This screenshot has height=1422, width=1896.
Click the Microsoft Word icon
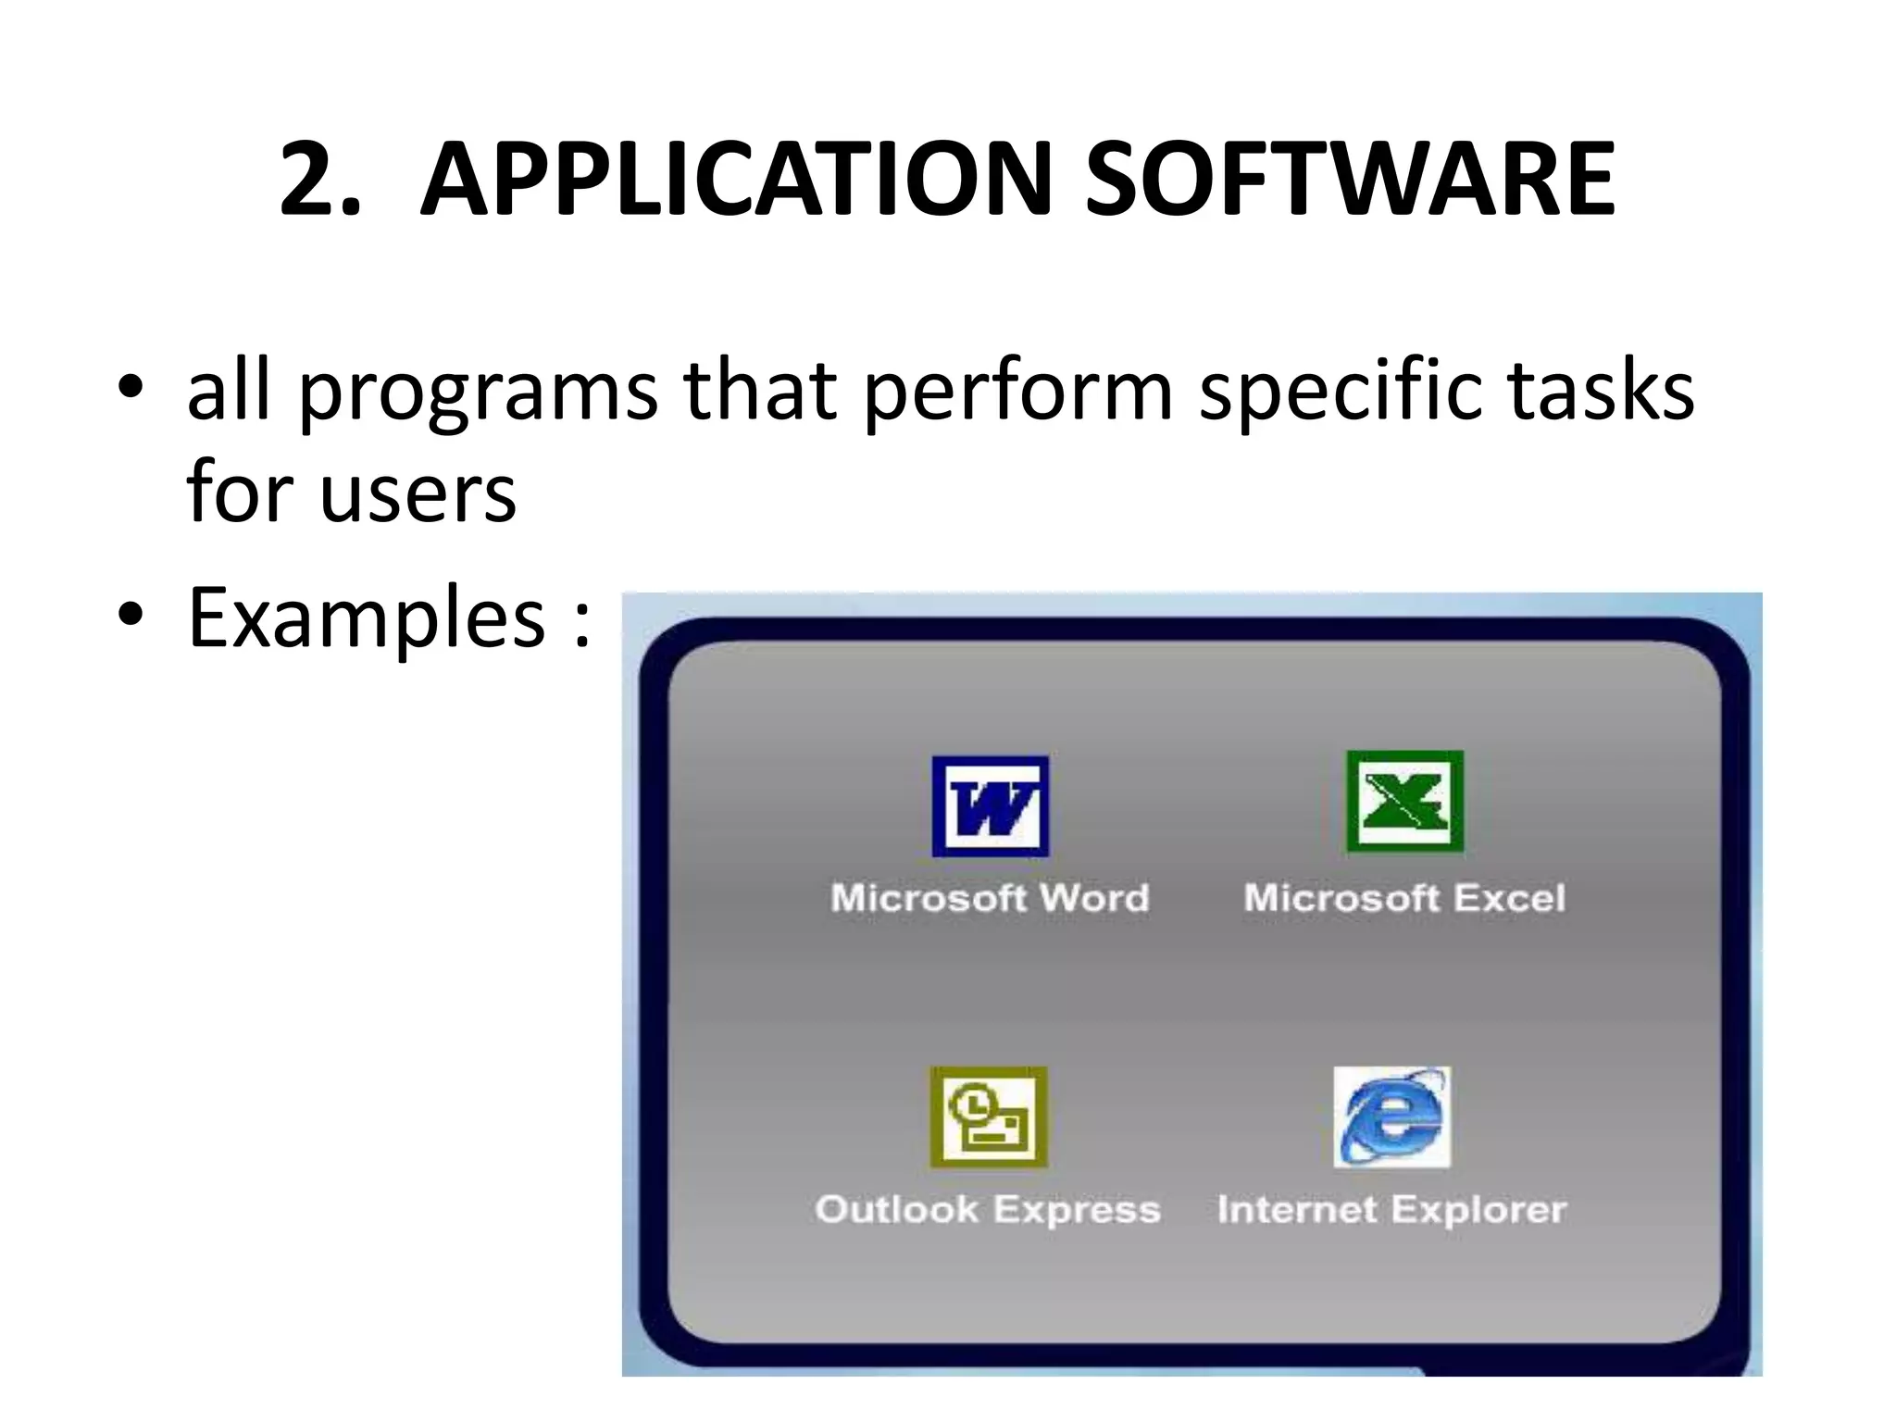click(990, 806)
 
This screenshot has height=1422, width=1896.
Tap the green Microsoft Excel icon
click(1404, 802)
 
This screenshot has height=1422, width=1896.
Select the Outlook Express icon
click(989, 1117)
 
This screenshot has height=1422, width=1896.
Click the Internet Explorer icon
click(1391, 1117)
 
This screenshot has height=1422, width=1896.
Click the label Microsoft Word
click(990, 898)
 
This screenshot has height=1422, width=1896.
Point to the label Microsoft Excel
click(1404, 898)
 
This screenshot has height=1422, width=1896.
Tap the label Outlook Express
click(988, 1210)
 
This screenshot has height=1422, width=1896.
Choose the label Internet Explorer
click(1391, 1210)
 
